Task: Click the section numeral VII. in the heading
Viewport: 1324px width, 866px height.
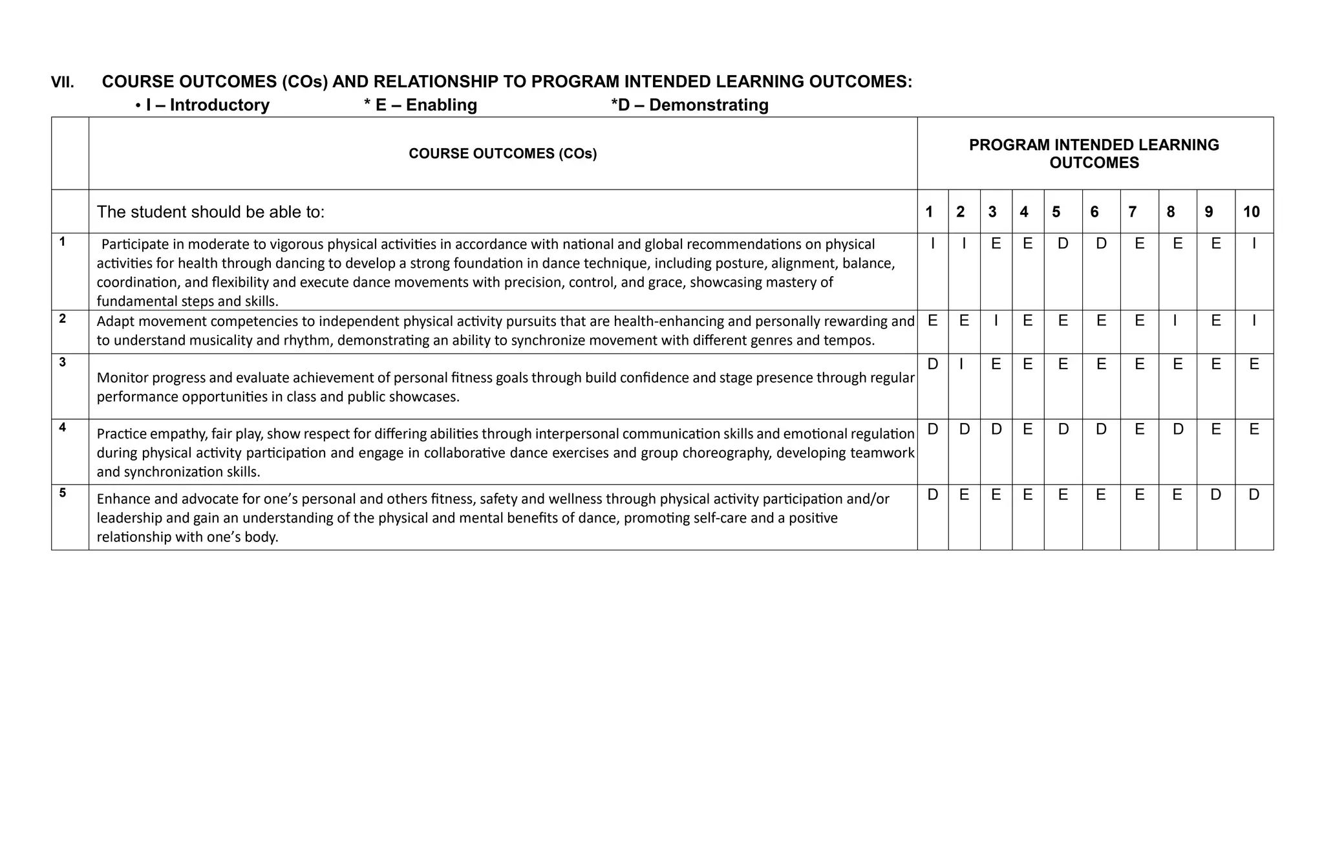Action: point(63,82)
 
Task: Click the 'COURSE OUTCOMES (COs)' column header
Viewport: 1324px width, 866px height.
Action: point(502,153)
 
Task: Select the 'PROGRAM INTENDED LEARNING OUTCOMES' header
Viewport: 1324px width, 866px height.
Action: point(1094,153)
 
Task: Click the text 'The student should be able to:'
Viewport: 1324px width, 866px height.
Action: point(211,211)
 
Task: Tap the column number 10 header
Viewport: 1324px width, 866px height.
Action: point(1251,211)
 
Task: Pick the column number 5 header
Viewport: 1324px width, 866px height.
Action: point(1056,211)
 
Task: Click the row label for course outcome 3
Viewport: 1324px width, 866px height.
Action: point(63,362)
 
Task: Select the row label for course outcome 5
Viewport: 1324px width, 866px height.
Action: point(63,493)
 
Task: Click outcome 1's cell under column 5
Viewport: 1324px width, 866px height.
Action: point(1063,244)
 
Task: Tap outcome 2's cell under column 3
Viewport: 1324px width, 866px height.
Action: point(996,320)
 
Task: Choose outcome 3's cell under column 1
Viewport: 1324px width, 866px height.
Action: point(932,364)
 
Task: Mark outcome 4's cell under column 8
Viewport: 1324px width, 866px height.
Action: point(1177,429)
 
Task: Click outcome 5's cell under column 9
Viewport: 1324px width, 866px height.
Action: point(1215,495)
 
